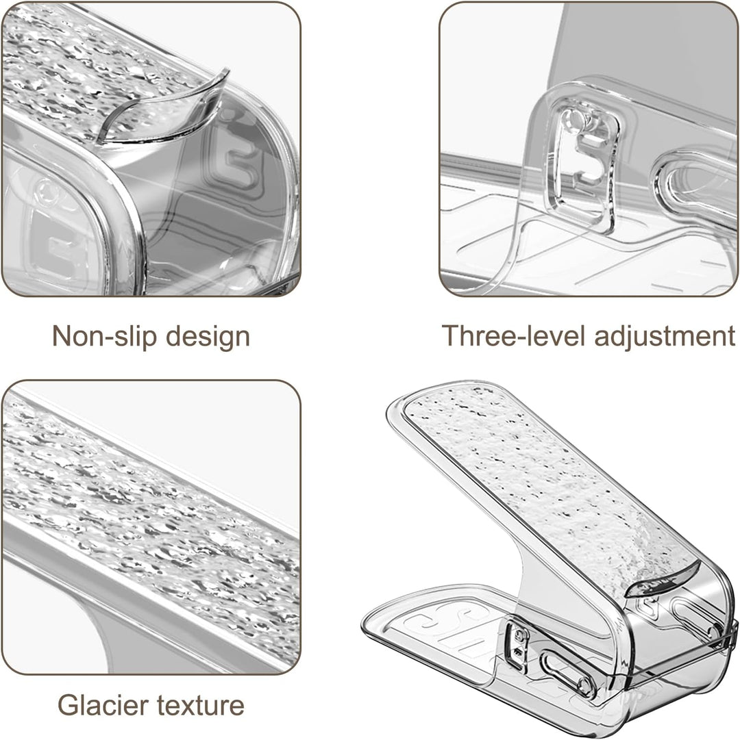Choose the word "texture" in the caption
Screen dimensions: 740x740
[x=201, y=706]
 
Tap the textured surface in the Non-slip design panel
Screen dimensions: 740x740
[x=95, y=71]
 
